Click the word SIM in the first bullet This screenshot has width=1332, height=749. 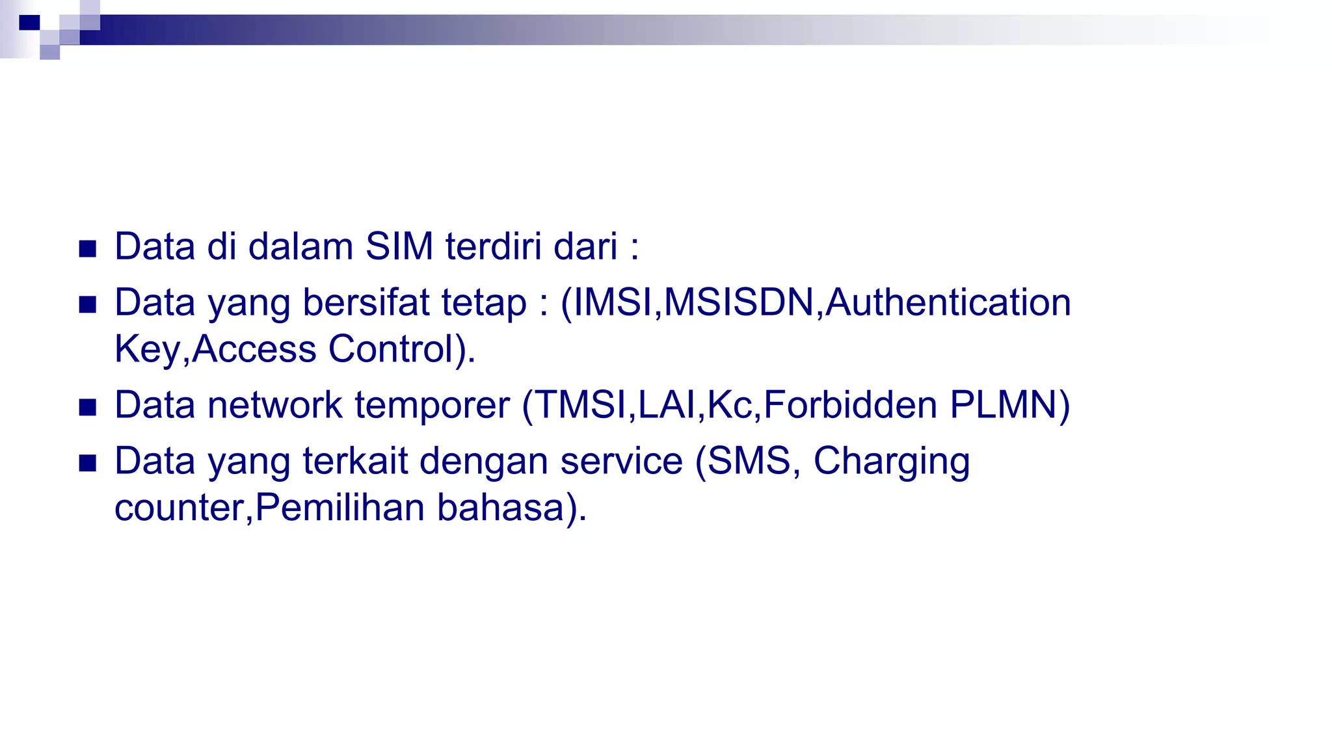(399, 247)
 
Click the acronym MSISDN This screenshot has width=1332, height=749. (739, 303)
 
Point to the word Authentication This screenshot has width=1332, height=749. (948, 303)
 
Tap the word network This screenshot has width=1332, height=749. (274, 405)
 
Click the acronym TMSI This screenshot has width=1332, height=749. (581, 405)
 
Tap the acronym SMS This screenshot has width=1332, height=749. (749, 461)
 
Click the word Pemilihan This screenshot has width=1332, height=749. (340, 508)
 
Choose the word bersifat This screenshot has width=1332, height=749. (366, 303)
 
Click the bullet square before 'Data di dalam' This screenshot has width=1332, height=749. (88, 248)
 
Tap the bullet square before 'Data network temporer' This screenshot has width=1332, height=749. (88, 407)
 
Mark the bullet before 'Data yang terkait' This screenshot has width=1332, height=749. (88, 463)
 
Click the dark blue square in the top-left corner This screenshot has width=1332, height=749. (29, 23)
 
